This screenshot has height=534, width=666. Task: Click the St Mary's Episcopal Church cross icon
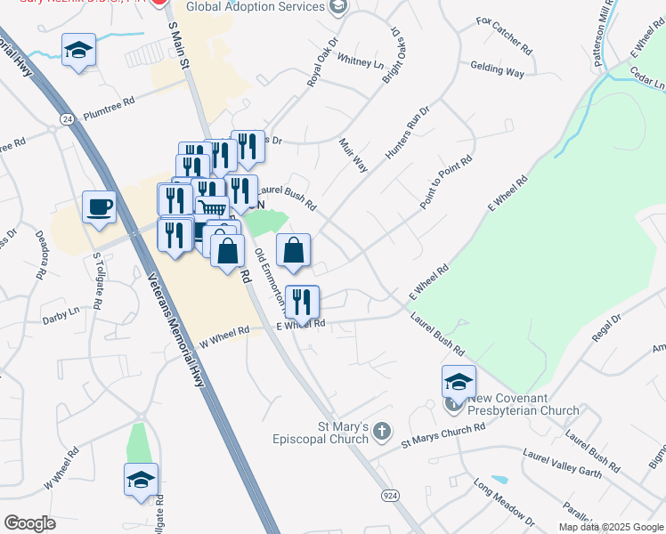coord(381,433)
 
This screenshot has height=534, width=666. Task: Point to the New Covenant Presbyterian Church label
coord(513,404)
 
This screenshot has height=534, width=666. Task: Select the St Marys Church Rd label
coord(443,433)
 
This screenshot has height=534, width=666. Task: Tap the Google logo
coord(29,522)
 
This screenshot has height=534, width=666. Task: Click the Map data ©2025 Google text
coord(609,527)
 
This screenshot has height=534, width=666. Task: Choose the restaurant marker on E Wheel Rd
coord(302,303)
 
